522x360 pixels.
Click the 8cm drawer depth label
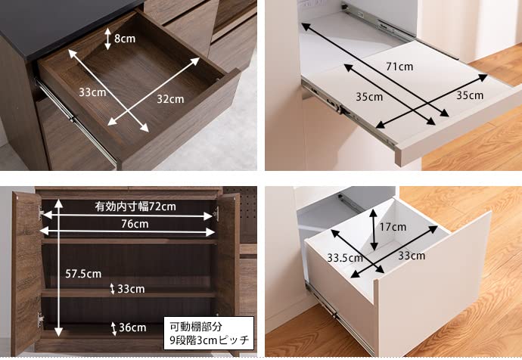[125, 39]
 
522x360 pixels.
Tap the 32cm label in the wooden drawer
[170, 99]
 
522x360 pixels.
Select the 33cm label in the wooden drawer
[92, 92]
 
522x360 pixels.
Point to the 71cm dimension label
[399, 67]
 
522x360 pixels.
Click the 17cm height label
[393, 227]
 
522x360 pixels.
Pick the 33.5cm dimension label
[345, 258]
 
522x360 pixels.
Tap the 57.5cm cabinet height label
[83, 274]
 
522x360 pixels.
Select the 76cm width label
[135, 224]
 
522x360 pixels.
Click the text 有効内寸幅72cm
[135, 206]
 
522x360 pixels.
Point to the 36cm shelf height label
[132, 327]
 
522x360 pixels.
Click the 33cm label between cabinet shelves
[131, 289]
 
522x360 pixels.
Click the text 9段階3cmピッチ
[210, 340]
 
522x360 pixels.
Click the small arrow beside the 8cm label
[107, 39]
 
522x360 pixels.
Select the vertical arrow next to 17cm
[374, 230]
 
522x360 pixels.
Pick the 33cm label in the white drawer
[412, 256]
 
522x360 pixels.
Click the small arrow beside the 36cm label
[113, 328]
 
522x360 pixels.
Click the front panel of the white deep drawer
[433, 286]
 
